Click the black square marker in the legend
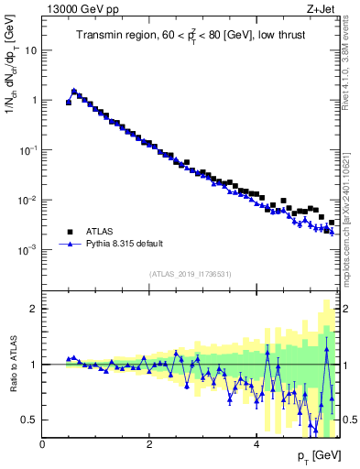(69, 232)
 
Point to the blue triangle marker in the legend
(69, 245)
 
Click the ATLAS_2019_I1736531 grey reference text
(191, 274)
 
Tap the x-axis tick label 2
(149, 444)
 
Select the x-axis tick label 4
(256, 444)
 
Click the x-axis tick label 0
(43, 444)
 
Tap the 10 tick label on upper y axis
(30, 50)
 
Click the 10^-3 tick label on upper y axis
(27, 250)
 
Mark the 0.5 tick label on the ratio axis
(29, 420)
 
